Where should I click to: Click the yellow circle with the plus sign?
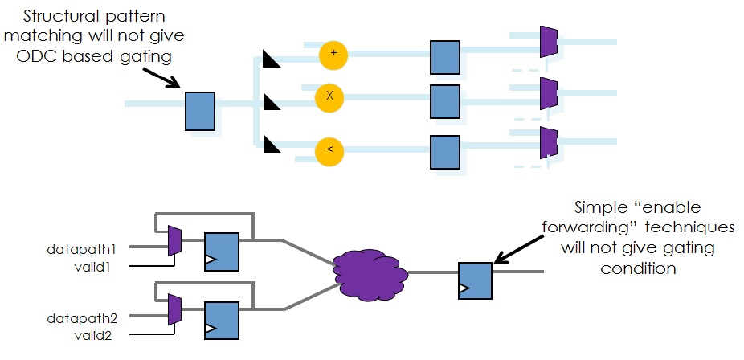[x=333, y=55]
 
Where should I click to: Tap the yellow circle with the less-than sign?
[x=329, y=149]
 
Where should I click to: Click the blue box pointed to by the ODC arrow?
[x=200, y=112]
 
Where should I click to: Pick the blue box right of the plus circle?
[x=444, y=57]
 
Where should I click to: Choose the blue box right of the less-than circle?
[x=444, y=152]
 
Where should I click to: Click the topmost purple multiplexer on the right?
[x=549, y=42]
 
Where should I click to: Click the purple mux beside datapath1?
[x=174, y=241]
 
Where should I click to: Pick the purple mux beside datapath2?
[x=174, y=309]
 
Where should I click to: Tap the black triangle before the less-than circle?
[x=270, y=144]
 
